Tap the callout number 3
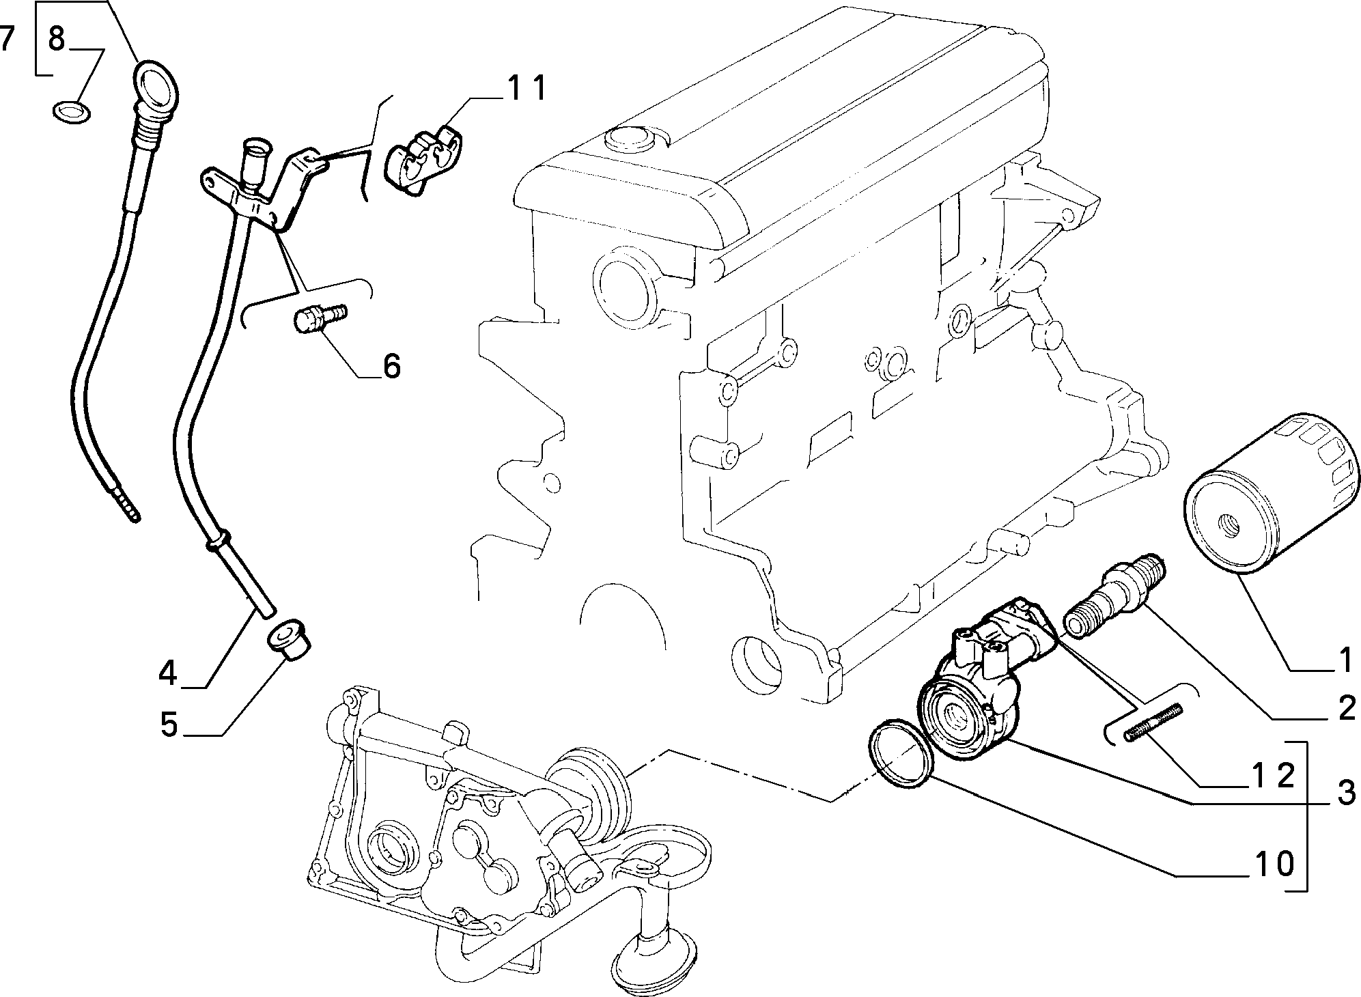point(1346,794)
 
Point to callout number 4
point(168,675)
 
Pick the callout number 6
point(391,366)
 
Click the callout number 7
point(7,40)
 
